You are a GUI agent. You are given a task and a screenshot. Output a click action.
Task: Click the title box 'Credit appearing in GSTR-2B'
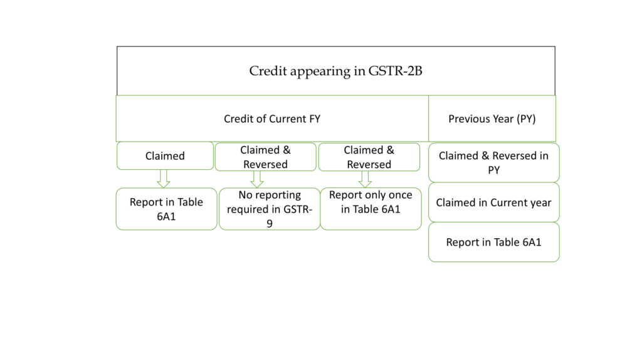pyautogui.click(x=335, y=71)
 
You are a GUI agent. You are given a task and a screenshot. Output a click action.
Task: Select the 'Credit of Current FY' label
pyautogui.click(x=271, y=118)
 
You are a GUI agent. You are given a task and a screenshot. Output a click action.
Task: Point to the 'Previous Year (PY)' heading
pyautogui.click(x=492, y=118)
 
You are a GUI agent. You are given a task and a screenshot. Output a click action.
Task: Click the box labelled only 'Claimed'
pyautogui.click(x=165, y=156)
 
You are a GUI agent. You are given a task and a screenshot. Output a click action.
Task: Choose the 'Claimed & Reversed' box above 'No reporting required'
pyautogui.click(x=265, y=157)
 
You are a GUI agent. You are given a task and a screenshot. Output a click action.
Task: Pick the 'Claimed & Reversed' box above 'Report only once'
pyautogui.click(x=369, y=157)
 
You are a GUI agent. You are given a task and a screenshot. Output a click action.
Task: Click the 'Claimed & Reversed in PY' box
pyautogui.click(x=493, y=162)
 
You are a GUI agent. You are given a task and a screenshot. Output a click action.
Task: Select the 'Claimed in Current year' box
pyautogui.click(x=493, y=202)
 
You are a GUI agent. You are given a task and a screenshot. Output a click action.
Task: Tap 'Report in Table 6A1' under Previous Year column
pyautogui.click(x=493, y=242)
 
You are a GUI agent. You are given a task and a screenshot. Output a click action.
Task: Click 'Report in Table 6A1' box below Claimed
pyautogui.click(x=166, y=209)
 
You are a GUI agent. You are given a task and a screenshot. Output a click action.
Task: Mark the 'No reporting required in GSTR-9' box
pyautogui.click(x=270, y=209)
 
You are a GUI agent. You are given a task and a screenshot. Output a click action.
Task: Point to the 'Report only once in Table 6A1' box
pyautogui.click(x=371, y=202)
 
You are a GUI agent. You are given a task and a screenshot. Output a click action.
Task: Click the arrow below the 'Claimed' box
pyautogui.click(x=164, y=179)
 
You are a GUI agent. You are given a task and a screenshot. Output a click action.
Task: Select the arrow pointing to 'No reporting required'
pyautogui.click(x=256, y=179)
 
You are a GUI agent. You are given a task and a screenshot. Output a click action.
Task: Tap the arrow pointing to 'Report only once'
pyautogui.click(x=366, y=179)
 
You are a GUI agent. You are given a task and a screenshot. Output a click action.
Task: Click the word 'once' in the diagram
pyautogui.click(x=399, y=195)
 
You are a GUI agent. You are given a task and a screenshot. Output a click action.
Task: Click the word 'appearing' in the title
pyautogui.click(x=322, y=71)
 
